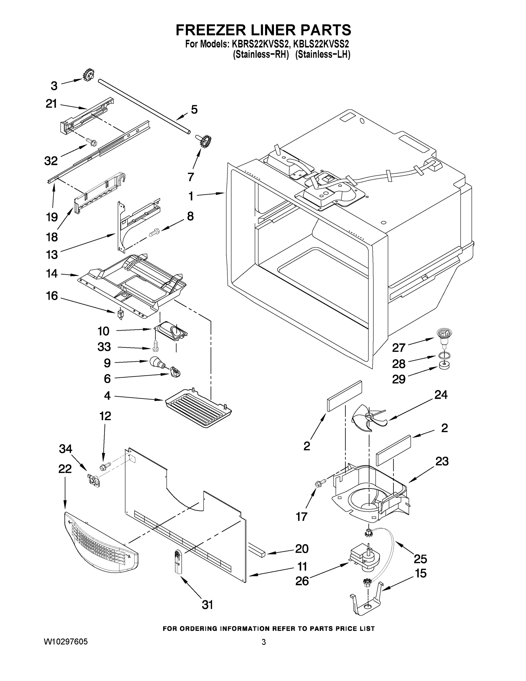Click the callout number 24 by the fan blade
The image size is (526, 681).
(x=441, y=395)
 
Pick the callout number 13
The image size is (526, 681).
(x=52, y=255)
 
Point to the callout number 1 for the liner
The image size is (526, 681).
(x=191, y=196)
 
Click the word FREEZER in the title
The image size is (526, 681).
(x=209, y=30)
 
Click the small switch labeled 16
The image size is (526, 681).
(x=120, y=313)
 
